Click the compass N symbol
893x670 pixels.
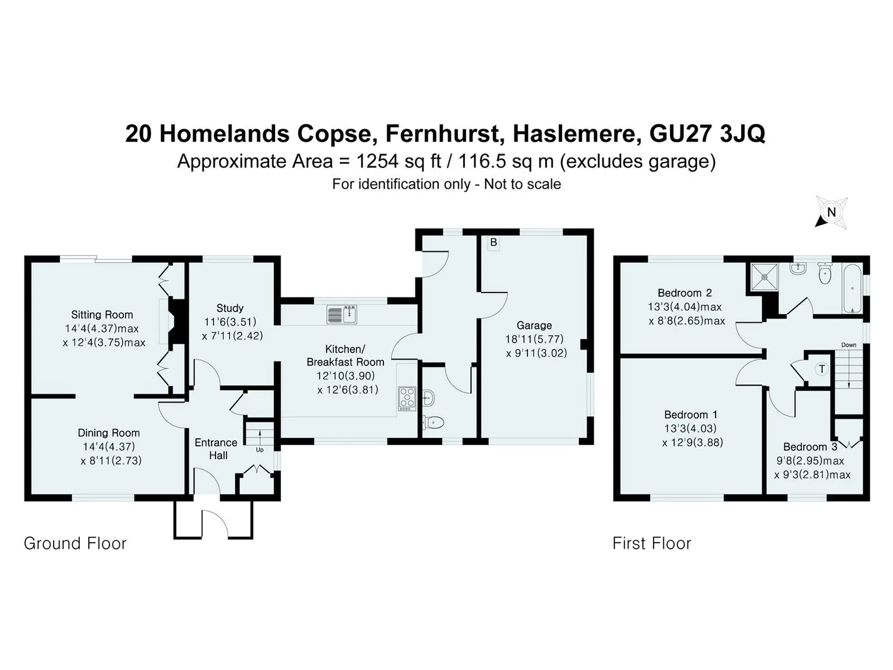(831, 213)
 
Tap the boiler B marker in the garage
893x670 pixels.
(494, 243)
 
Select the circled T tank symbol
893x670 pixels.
(822, 369)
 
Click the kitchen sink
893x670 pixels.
(342, 315)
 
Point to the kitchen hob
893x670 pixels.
(407, 398)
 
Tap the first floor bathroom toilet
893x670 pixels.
(825, 273)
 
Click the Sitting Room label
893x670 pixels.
(102, 314)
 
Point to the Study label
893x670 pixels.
(230, 308)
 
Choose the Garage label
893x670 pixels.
(534, 325)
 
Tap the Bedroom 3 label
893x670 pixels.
(810, 447)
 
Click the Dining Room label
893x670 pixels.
(108, 433)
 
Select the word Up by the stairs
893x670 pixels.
(260, 450)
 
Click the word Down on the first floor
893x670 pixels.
(849, 345)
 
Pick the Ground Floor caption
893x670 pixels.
(75, 544)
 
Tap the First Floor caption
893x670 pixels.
(652, 544)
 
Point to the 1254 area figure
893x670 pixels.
(377, 161)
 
